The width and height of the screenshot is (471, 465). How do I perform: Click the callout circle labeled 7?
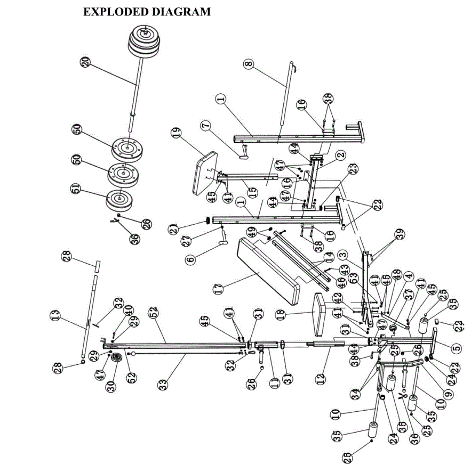click(x=207, y=126)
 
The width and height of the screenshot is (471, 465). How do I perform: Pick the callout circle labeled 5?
click(x=457, y=348)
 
